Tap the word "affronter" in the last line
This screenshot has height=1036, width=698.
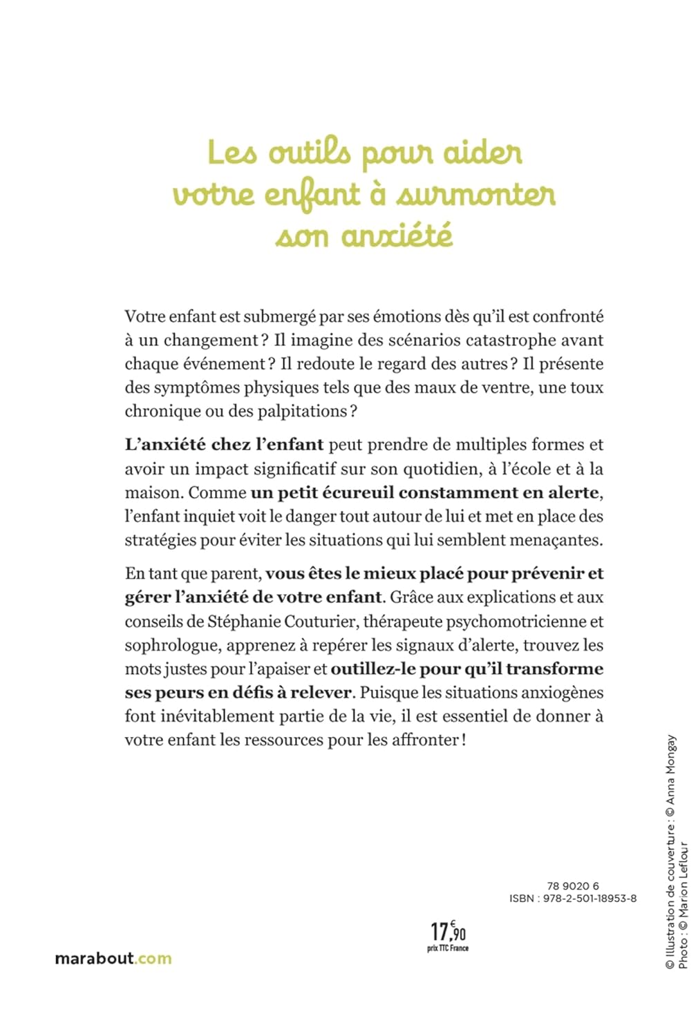423,740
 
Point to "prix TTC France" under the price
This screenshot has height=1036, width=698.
448,948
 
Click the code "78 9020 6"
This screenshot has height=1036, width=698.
573,886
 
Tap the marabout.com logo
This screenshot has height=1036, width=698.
113,959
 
